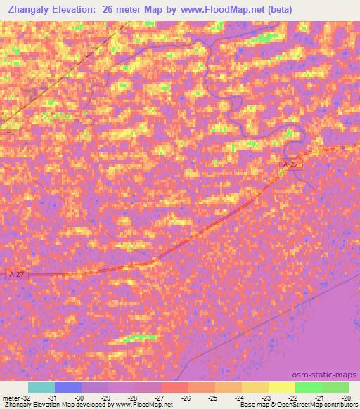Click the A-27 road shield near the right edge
click(290, 164)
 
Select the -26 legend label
click(186, 397)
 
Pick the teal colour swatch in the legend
click(41, 387)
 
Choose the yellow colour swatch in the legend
click(281, 387)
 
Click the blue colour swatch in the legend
click(68, 387)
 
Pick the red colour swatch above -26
click(175, 387)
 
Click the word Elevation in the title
click(80, 9)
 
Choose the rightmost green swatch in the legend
click(335, 387)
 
